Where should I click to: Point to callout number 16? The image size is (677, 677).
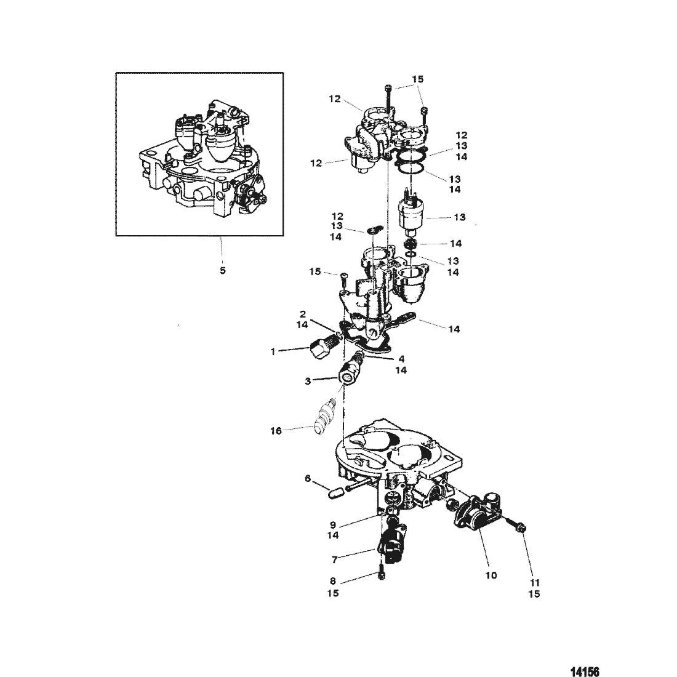[x=276, y=431]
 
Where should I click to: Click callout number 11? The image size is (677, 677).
[x=534, y=582]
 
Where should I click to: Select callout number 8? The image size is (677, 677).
[x=334, y=582]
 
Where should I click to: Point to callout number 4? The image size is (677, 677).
[x=401, y=358]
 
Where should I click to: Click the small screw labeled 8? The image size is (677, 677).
[x=382, y=571]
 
